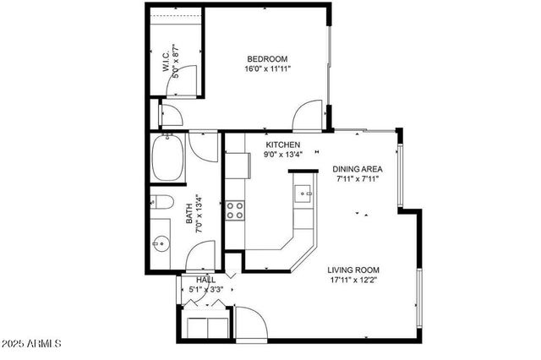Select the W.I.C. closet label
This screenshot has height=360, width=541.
(167, 61)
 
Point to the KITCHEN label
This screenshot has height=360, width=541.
(283, 145)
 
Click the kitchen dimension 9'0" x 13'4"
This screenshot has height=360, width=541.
(283, 155)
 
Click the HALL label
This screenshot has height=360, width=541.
(205, 280)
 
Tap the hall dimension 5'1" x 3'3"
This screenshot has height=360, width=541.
(205, 290)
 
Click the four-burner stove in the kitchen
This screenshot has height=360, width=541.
(235, 210)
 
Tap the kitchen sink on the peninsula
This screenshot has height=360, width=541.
(303, 195)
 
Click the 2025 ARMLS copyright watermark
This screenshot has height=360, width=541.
(31, 344)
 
